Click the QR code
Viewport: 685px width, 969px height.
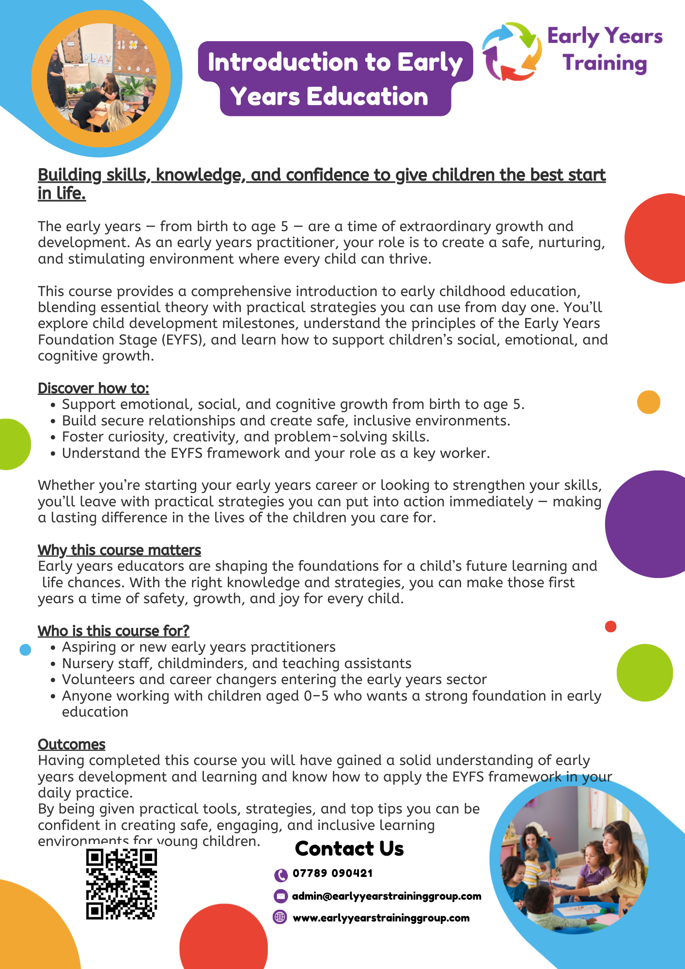click(x=122, y=884)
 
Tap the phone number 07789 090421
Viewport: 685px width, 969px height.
click(x=333, y=873)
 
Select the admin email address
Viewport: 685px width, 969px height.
click(x=387, y=896)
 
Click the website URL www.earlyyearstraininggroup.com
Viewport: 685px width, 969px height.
click(x=381, y=918)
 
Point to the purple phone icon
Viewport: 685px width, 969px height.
click(x=280, y=875)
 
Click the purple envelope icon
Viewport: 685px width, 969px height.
click(x=280, y=896)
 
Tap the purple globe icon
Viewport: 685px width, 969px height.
click(x=280, y=917)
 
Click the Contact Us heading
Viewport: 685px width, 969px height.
click(x=349, y=849)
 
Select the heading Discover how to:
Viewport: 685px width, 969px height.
click(x=93, y=388)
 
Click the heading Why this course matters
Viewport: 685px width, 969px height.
click(x=119, y=550)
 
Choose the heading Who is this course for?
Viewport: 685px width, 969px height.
click(x=113, y=631)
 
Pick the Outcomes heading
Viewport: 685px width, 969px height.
click(x=72, y=744)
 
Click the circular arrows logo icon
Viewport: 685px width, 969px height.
click(x=512, y=51)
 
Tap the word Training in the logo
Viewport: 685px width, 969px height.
click(x=605, y=63)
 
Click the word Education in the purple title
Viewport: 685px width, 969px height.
click(x=368, y=96)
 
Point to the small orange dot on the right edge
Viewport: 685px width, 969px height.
click(x=649, y=402)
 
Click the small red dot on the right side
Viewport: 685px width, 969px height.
click(x=610, y=626)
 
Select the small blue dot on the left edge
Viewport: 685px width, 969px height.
click(x=25, y=649)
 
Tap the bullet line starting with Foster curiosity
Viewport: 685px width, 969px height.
click(x=246, y=437)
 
